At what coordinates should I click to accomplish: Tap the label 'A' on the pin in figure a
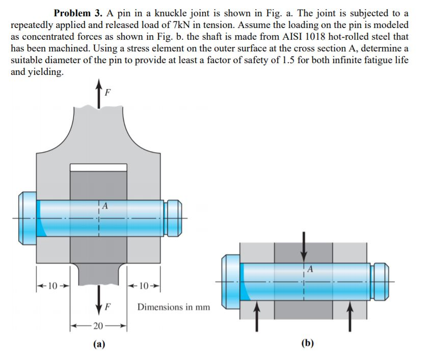[x=104, y=206]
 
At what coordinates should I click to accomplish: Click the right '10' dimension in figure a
[x=143, y=285]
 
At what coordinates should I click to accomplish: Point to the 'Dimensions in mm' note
[x=173, y=307]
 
